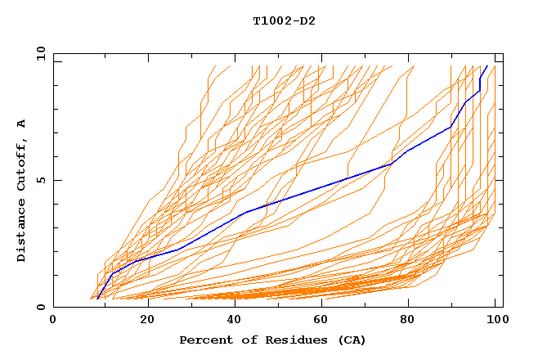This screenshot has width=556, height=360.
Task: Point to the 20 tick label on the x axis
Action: tap(142, 320)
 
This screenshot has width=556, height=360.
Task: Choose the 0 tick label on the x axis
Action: tap(53, 320)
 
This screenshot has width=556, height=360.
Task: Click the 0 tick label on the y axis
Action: tap(41, 308)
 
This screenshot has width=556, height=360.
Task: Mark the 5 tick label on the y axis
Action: tap(41, 180)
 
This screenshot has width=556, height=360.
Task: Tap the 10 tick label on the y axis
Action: tap(38, 52)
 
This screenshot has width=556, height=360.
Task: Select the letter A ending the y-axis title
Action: tap(21, 124)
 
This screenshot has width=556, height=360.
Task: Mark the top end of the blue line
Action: tap(487, 65)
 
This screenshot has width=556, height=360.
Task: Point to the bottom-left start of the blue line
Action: tap(97, 299)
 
